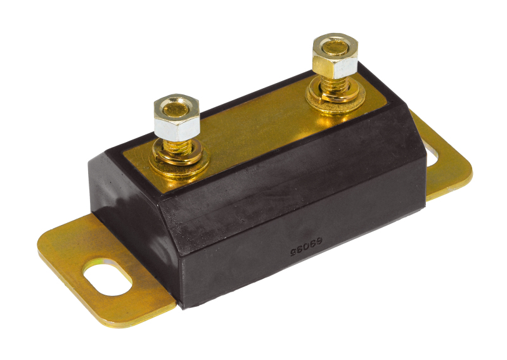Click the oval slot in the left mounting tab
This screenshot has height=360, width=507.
coord(108,277)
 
